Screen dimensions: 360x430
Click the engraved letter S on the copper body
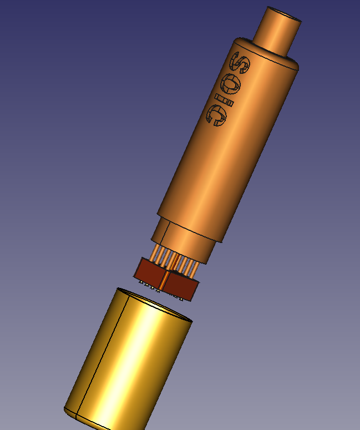240,63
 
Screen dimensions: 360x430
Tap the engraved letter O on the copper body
231,84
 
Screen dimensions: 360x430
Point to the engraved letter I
224,100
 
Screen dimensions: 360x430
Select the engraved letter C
216,117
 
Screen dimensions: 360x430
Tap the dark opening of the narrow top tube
285,14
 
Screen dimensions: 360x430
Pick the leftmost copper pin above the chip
154,252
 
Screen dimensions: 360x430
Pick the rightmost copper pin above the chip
195,269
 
